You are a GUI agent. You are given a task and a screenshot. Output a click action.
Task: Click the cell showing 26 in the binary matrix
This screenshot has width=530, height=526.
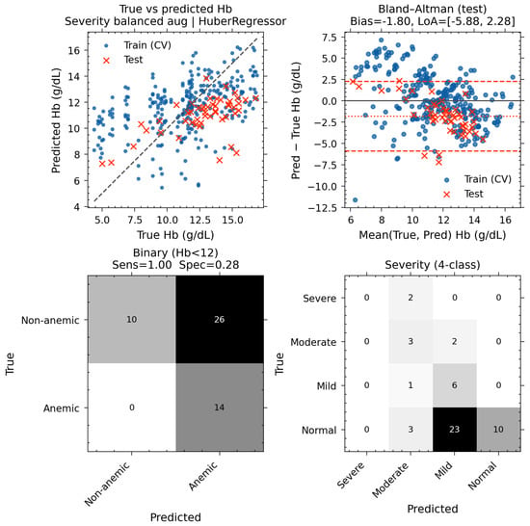pyautogui.click(x=220, y=319)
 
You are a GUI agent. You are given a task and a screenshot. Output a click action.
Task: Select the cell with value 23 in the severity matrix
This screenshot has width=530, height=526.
pyautogui.click(x=455, y=429)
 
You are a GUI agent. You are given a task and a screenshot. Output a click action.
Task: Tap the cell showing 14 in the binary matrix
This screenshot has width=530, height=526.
pyautogui.click(x=220, y=408)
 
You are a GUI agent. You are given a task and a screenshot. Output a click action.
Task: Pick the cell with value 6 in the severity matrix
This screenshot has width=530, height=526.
pyautogui.click(x=455, y=385)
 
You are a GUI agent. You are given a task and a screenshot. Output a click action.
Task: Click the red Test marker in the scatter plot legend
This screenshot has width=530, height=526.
pyautogui.click(x=106, y=60)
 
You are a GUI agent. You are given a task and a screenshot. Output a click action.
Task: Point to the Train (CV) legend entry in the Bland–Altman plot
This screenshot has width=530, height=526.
pyautogui.click(x=478, y=179)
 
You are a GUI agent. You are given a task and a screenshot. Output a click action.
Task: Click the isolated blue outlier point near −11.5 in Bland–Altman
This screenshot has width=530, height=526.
pyautogui.click(x=356, y=200)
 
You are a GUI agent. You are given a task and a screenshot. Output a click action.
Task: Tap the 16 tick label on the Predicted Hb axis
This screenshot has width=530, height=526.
pyautogui.click(x=73, y=51)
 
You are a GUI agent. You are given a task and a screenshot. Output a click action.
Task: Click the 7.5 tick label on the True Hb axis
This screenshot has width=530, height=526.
pyautogui.click(x=135, y=221)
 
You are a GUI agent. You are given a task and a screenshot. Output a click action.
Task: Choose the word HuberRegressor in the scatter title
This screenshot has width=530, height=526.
pyautogui.click(x=242, y=21)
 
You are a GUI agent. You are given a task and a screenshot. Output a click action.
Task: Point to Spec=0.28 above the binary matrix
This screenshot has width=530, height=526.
pyautogui.click(x=209, y=265)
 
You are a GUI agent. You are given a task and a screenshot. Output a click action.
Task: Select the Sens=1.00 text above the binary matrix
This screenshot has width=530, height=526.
pyautogui.click(x=142, y=265)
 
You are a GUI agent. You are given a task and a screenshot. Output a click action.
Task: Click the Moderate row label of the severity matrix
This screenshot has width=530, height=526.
pyautogui.click(x=313, y=342)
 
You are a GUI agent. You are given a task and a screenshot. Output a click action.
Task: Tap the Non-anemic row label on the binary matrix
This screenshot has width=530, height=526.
pyautogui.click(x=50, y=320)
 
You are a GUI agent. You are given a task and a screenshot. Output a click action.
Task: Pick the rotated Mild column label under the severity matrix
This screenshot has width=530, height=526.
pyautogui.click(x=443, y=470)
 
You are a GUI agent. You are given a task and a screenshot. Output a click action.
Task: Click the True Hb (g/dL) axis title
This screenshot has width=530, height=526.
pyautogui.click(x=175, y=235)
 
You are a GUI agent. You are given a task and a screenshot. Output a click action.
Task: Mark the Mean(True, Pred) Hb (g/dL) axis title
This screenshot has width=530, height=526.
pyautogui.click(x=433, y=235)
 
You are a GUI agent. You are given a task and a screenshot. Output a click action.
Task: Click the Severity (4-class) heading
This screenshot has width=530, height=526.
pyautogui.click(x=433, y=265)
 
